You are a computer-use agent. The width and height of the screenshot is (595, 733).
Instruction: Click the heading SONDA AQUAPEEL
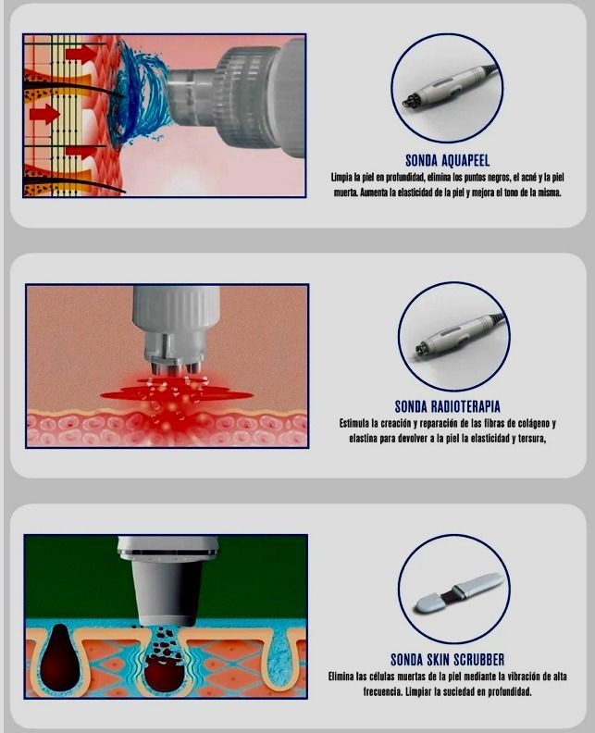pos(447,161)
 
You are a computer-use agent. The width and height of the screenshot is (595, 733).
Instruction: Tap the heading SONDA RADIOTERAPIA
pos(447,406)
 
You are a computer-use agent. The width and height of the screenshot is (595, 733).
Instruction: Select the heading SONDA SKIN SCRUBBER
pos(447,660)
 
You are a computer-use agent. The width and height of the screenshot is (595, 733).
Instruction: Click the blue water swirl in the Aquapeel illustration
pos(138,93)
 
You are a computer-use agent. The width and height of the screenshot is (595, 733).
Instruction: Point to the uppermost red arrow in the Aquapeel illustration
pos(81,54)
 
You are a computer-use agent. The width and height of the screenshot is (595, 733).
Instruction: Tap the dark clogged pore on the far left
pos(59,659)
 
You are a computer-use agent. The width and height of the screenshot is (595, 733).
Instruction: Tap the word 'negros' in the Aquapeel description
pos(494,178)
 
